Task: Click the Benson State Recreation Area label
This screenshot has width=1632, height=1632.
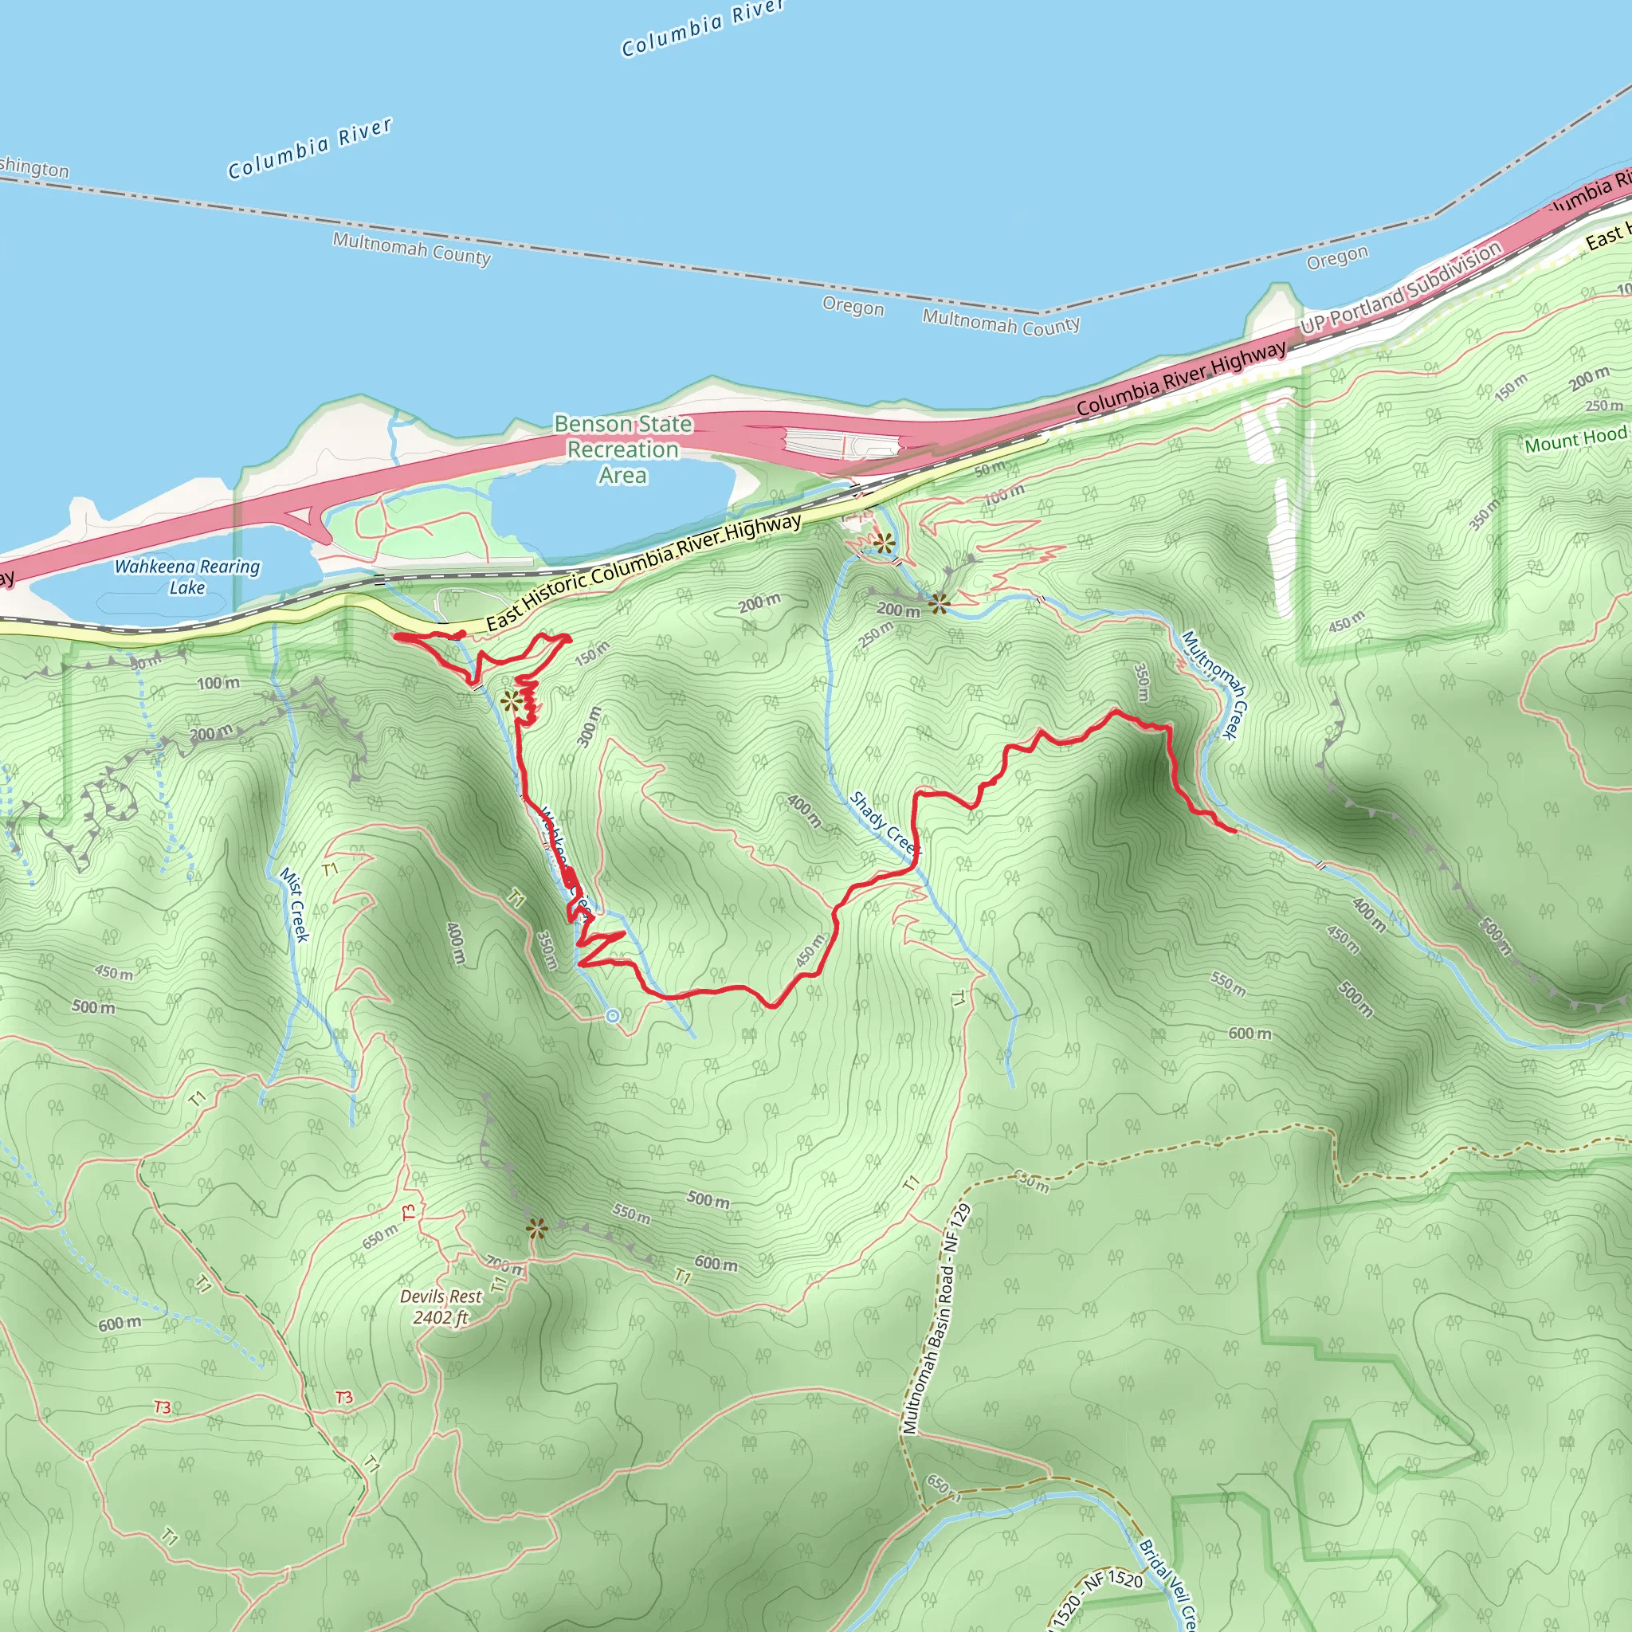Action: coord(622,449)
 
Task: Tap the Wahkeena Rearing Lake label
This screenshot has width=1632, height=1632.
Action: coord(186,577)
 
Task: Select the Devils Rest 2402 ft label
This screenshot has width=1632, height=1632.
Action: coord(441,1307)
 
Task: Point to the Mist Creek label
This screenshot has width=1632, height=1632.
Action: coord(295,904)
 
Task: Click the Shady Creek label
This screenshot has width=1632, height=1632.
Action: coord(883,822)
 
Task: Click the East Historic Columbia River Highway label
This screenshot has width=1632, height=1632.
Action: coord(644,571)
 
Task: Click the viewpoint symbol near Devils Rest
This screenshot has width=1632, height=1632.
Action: coord(535,1228)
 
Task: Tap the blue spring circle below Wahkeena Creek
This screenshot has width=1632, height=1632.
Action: coord(613,1016)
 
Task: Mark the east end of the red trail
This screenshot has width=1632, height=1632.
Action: coord(1235,831)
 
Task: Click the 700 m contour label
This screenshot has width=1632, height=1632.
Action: coord(505,1265)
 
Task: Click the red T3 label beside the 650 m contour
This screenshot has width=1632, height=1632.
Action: coord(409,1213)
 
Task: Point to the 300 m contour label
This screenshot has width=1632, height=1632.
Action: coord(590,727)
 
